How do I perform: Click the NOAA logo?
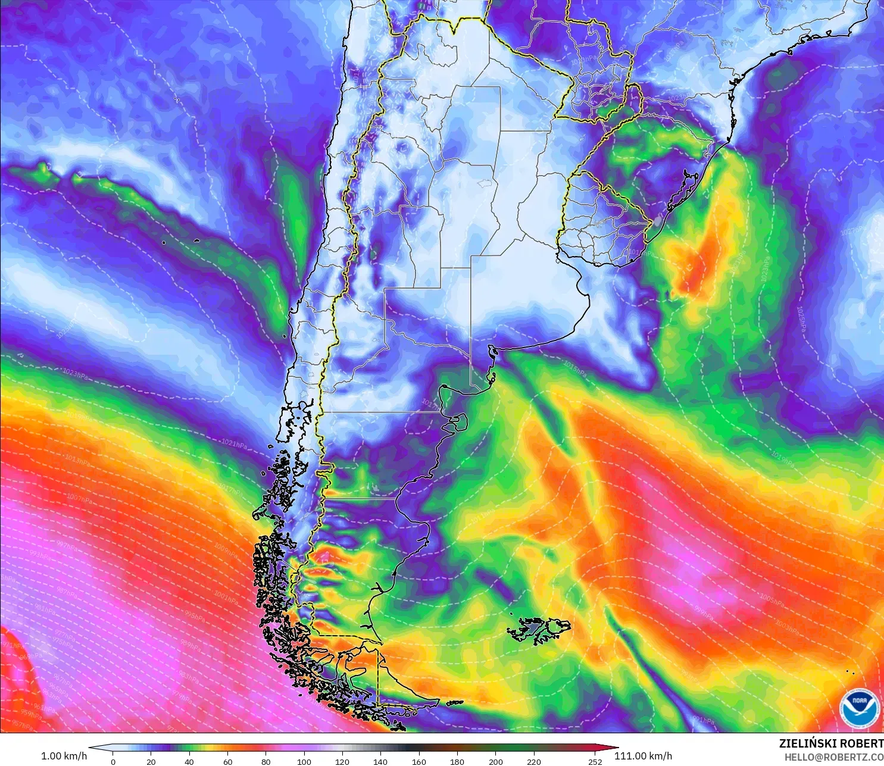click(860, 708)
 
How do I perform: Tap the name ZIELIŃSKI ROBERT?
click(831, 743)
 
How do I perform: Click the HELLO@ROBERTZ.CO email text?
click(833, 757)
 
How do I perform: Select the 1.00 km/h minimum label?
click(64, 756)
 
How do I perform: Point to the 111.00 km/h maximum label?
click(643, 756)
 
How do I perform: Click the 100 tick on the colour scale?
click(304, 761)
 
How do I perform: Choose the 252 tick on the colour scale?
click(595, 761)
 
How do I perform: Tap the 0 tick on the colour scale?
click(113, 761)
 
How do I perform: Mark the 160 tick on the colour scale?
click(419, 761)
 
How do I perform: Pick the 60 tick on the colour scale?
click(228, 761)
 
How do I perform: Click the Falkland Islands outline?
click(539, 630)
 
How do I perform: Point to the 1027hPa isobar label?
click(854, 230)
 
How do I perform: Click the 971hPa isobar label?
click(12, 645)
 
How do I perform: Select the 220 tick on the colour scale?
click(534, 761)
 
